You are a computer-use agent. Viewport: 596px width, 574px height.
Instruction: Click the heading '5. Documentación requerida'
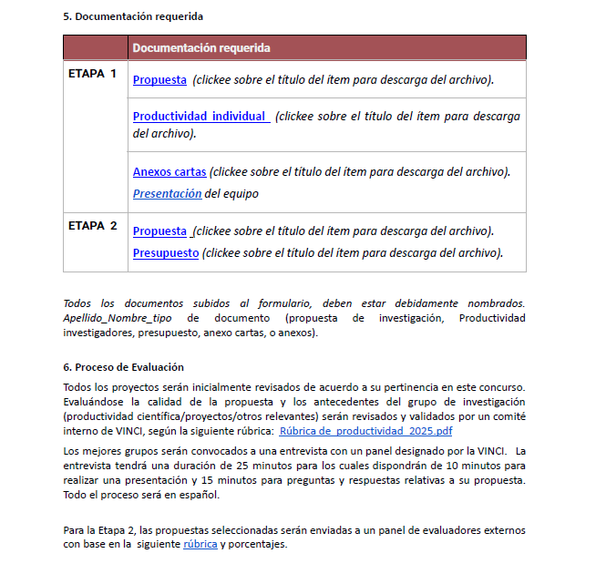pos(133,16)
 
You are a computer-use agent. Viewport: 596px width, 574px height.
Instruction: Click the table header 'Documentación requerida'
pos(200,47)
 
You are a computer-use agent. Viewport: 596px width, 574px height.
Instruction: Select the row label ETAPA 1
pos(93,74)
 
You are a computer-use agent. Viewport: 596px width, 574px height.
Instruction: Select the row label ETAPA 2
pos(93,226)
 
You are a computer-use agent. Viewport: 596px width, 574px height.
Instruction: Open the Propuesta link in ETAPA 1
pos(159,80)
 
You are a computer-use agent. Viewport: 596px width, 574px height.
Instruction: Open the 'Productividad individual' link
pos(200,117)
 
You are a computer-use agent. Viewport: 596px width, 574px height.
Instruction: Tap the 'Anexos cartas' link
pos(170,171)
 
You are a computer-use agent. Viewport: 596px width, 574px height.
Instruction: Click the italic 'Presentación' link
pos(167,193)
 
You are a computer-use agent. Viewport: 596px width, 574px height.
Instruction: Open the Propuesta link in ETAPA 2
pos(159,231)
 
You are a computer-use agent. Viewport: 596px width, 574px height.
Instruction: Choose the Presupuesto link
pos(166,252)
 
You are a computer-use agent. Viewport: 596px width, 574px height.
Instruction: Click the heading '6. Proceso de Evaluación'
pos(123,367)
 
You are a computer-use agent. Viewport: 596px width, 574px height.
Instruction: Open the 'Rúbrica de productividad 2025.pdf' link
pos(365,431)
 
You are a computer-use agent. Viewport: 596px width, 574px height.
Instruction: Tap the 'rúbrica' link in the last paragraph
pos(200,544)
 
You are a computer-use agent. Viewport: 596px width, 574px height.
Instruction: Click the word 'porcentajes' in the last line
pos(259,544)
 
